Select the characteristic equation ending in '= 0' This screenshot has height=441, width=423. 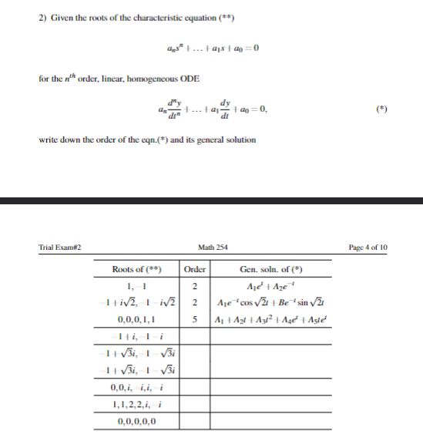[210, 48]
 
